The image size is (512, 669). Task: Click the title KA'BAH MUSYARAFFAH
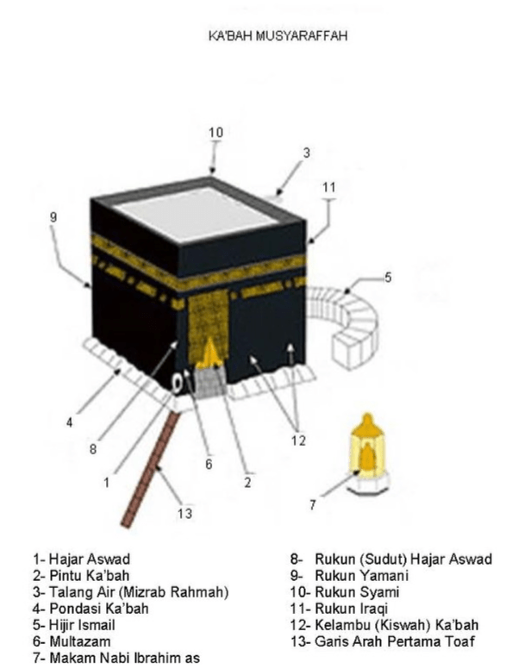coord(278,35)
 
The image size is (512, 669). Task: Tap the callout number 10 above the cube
coord(215,132)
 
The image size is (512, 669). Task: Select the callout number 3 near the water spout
coord(306,153)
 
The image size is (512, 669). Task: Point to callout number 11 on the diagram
coord(329,187)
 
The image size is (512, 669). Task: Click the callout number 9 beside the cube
coord(53,217)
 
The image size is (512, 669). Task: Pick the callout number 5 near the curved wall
coord(387,278)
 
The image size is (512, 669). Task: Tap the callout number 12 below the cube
coord(298,440)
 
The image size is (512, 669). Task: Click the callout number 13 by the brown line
coord(184,513)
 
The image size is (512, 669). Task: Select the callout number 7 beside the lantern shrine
coord(313,505)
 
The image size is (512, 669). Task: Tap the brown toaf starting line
coord(150,469)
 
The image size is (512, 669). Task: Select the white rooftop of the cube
coord(197,212)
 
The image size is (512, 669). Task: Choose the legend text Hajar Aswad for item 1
coord(89,560)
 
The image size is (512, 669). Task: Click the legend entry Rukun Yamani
coord(362,576)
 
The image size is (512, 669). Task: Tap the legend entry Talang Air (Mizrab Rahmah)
coord(139,592)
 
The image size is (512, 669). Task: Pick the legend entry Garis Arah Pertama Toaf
coord(395,641)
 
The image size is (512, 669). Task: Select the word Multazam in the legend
coord(80,641)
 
